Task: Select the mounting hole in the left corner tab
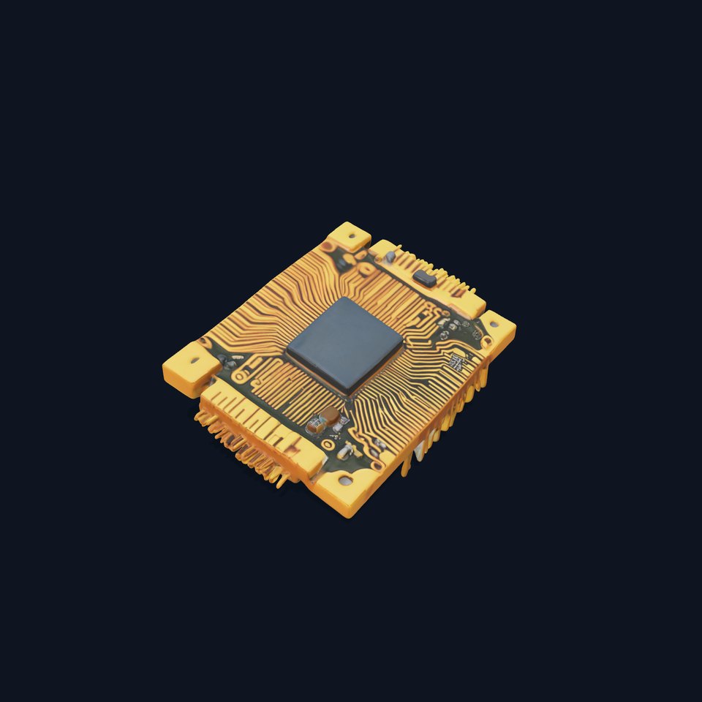point(195,361)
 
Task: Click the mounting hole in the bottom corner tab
point(344,480)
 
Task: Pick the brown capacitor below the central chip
point(330,415)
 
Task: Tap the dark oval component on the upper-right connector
point(424,277)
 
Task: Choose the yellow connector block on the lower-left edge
point(263,428)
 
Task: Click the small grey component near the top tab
point(390,256)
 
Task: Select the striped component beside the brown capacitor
point(314,424)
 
